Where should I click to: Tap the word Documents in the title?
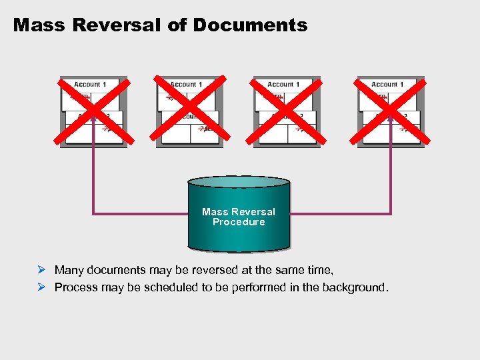pyautogui.click(x=250, y=25)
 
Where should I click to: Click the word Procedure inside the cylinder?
pyautogui.click(x=239, y=222)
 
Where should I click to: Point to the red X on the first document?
pyautogui.click(x=93, y=111)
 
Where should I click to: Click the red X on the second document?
pyautogui.click(x=189, y=111)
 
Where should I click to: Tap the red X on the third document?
pyautogui.click(x=287, y=111)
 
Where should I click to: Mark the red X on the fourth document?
pyautogui.click(x=391, y=111)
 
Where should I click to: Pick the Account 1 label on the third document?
pyautogui.click(x=283, y=85)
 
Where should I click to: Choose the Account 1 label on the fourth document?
pyautogui.click(x=387, y=85)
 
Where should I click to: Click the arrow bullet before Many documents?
pyautogui.click(x=41, y=270)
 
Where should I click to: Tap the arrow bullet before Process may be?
pyautogui.click(x=41, y=287)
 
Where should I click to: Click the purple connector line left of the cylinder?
pyautogui.click(x=140, y=213)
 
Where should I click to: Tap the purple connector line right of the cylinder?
pyautogui.click(x=340, y=213)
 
